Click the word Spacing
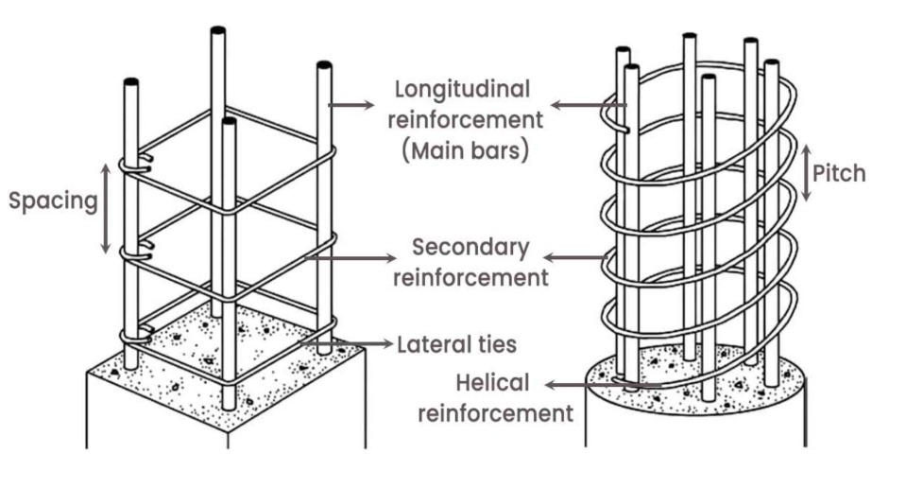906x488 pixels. [53, 201]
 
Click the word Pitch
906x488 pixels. [840, 174]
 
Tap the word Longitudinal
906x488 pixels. [463, 90]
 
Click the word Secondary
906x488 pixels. [470, 248]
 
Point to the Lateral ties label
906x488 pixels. [457, 344]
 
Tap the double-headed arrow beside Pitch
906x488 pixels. [805, 172]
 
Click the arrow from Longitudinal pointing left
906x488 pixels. [577, 105]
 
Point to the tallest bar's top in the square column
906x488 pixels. [217, 32]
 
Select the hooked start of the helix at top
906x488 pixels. [619, 121]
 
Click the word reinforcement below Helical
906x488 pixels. [496, 412]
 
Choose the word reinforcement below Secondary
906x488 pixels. [470, 278]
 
